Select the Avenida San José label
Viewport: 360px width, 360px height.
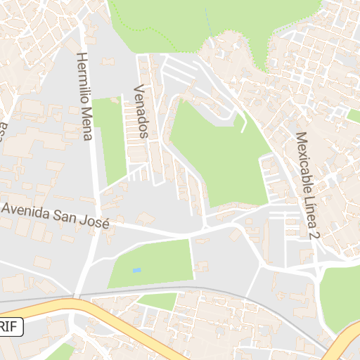(x=56, y=216)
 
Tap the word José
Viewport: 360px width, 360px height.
(x=96, y=223)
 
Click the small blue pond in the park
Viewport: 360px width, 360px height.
(x=136, y=270)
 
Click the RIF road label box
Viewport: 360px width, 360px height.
(x=11, y=327)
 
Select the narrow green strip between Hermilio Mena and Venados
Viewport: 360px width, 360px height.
(x=109, y=141)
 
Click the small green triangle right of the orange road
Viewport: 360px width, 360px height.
(x=158, y=301)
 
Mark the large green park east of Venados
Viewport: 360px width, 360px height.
(x=218, y=151)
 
